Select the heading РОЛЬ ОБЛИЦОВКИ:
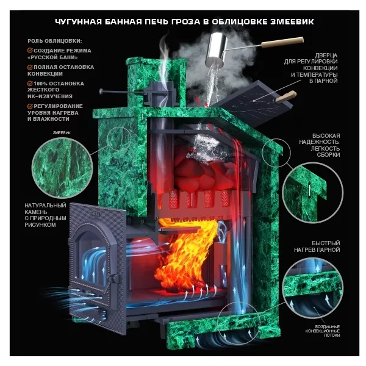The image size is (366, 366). [x=55, y=41]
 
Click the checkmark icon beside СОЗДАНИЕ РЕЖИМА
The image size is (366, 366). [x=30, y=51]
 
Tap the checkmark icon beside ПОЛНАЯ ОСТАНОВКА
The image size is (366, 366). [x=30, y=67]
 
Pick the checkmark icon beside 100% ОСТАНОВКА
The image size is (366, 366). [x=30, y=84]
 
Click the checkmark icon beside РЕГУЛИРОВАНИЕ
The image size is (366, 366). [x=30, y=106]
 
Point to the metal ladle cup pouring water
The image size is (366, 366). [x=216, y=49]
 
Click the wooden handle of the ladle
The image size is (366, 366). [x=282, y=42]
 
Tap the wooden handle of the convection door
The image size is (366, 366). [x=286, y=96]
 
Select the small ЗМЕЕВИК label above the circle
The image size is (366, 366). [x=62, y=133]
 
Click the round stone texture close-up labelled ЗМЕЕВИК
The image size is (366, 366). [x=62, y=168]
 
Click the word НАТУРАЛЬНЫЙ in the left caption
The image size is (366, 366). [x=45, y=206]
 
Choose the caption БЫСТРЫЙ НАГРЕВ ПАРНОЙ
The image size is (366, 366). [x=317, y=246]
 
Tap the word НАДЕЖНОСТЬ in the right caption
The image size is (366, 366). [x=319, y=142]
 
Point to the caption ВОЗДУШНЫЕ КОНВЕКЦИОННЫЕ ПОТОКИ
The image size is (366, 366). [x=322, y=331]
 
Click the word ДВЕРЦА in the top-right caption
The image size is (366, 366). [x=326, y=56]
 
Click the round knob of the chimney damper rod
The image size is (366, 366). [x=101, y=91]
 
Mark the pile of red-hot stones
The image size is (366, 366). [x=204, y=173]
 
